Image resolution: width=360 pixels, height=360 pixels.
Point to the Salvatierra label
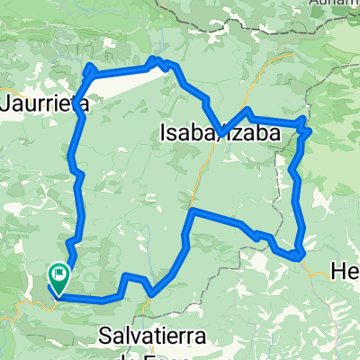point(153,336)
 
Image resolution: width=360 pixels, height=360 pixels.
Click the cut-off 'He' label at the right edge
point(346,270)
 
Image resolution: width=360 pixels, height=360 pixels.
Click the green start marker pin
point(59,274)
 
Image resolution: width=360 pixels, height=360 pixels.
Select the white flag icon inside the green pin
point(60,270)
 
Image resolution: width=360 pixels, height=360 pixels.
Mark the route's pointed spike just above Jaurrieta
point(89,67)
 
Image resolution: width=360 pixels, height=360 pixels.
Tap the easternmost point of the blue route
point(310,130)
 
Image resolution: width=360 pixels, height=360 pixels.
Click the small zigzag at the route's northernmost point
point(157,60)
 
